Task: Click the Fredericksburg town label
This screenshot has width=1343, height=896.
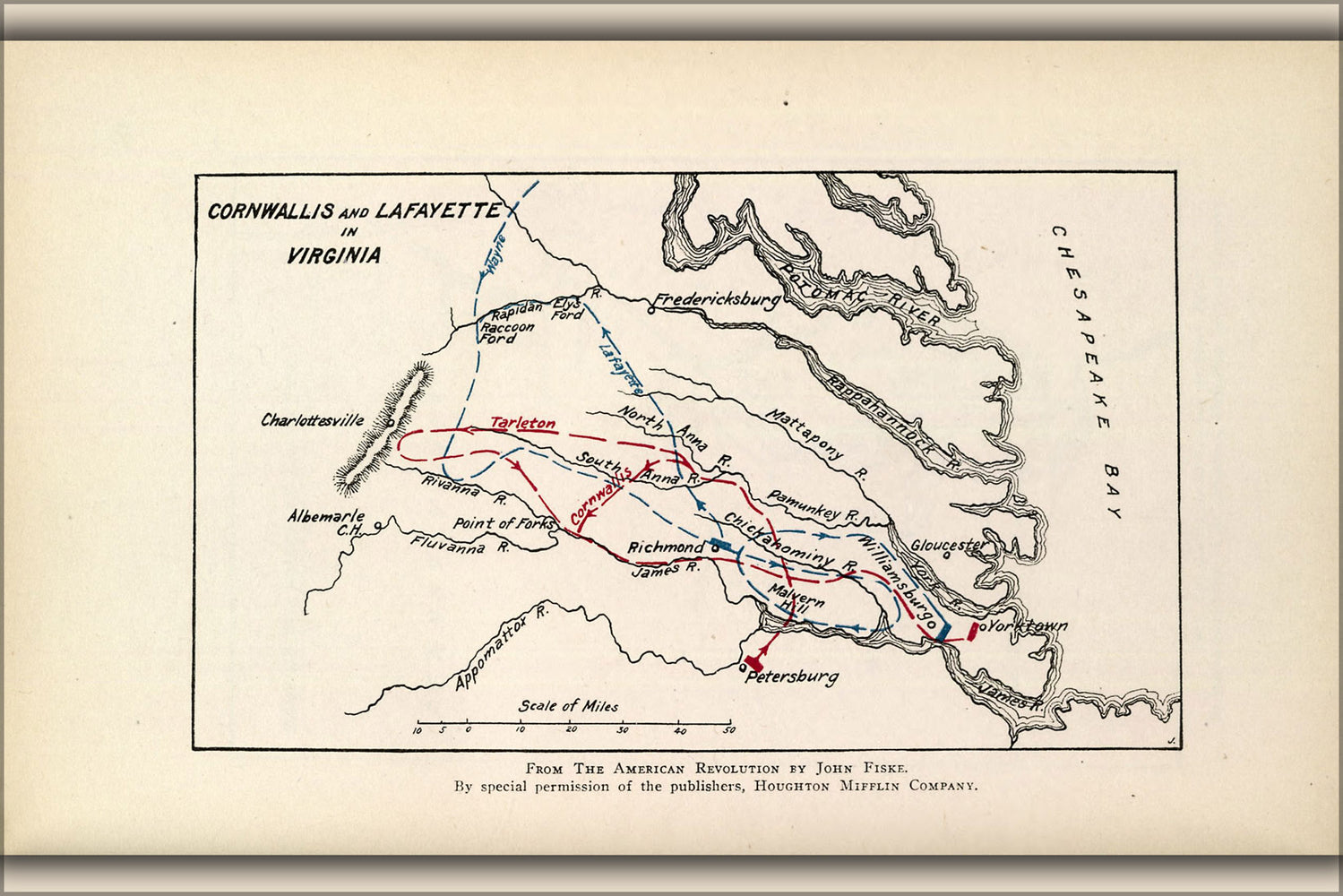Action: (x=717, y=299)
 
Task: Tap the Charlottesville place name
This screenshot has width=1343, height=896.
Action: (x=313, y=420)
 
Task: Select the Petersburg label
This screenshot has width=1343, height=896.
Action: (x=792, y=676)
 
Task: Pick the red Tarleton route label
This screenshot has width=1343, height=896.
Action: (x=522, y=423)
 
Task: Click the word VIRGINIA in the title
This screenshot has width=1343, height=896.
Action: (x=333, y=255)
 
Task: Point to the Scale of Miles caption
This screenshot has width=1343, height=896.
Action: (x=568, y=706)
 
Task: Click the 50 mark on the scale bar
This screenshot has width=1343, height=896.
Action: (x=729, y=730)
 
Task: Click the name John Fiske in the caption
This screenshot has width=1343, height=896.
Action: (x=861, y=768)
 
